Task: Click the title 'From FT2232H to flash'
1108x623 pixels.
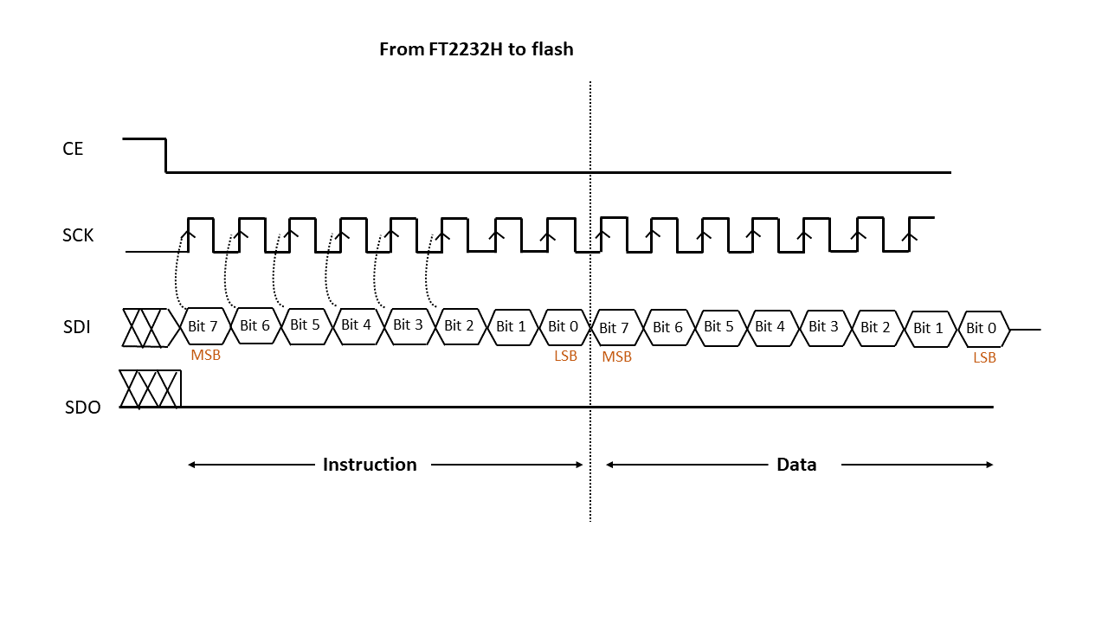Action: [476, 49]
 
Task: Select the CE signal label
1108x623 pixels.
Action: [73, 149]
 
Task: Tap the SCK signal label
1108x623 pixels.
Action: [78, 235]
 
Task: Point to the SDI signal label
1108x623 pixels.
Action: [77, 327]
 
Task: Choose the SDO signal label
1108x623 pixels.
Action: [82, 408]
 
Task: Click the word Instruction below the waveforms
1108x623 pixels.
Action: [370, 465]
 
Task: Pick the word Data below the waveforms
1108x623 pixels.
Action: [796, 465]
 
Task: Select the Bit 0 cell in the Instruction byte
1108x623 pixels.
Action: [564, 327]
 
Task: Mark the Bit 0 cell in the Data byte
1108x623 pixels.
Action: [983, 329]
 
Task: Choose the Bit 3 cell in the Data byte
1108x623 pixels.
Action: [825, 328]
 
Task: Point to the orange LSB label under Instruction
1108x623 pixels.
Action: [565, 356]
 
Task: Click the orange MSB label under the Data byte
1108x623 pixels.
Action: [617, 357]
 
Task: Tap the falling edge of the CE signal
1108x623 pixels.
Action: [165, 156]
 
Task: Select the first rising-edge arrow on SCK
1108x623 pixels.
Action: [189, 235]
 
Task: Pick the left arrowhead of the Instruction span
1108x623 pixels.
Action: [191, 465]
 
